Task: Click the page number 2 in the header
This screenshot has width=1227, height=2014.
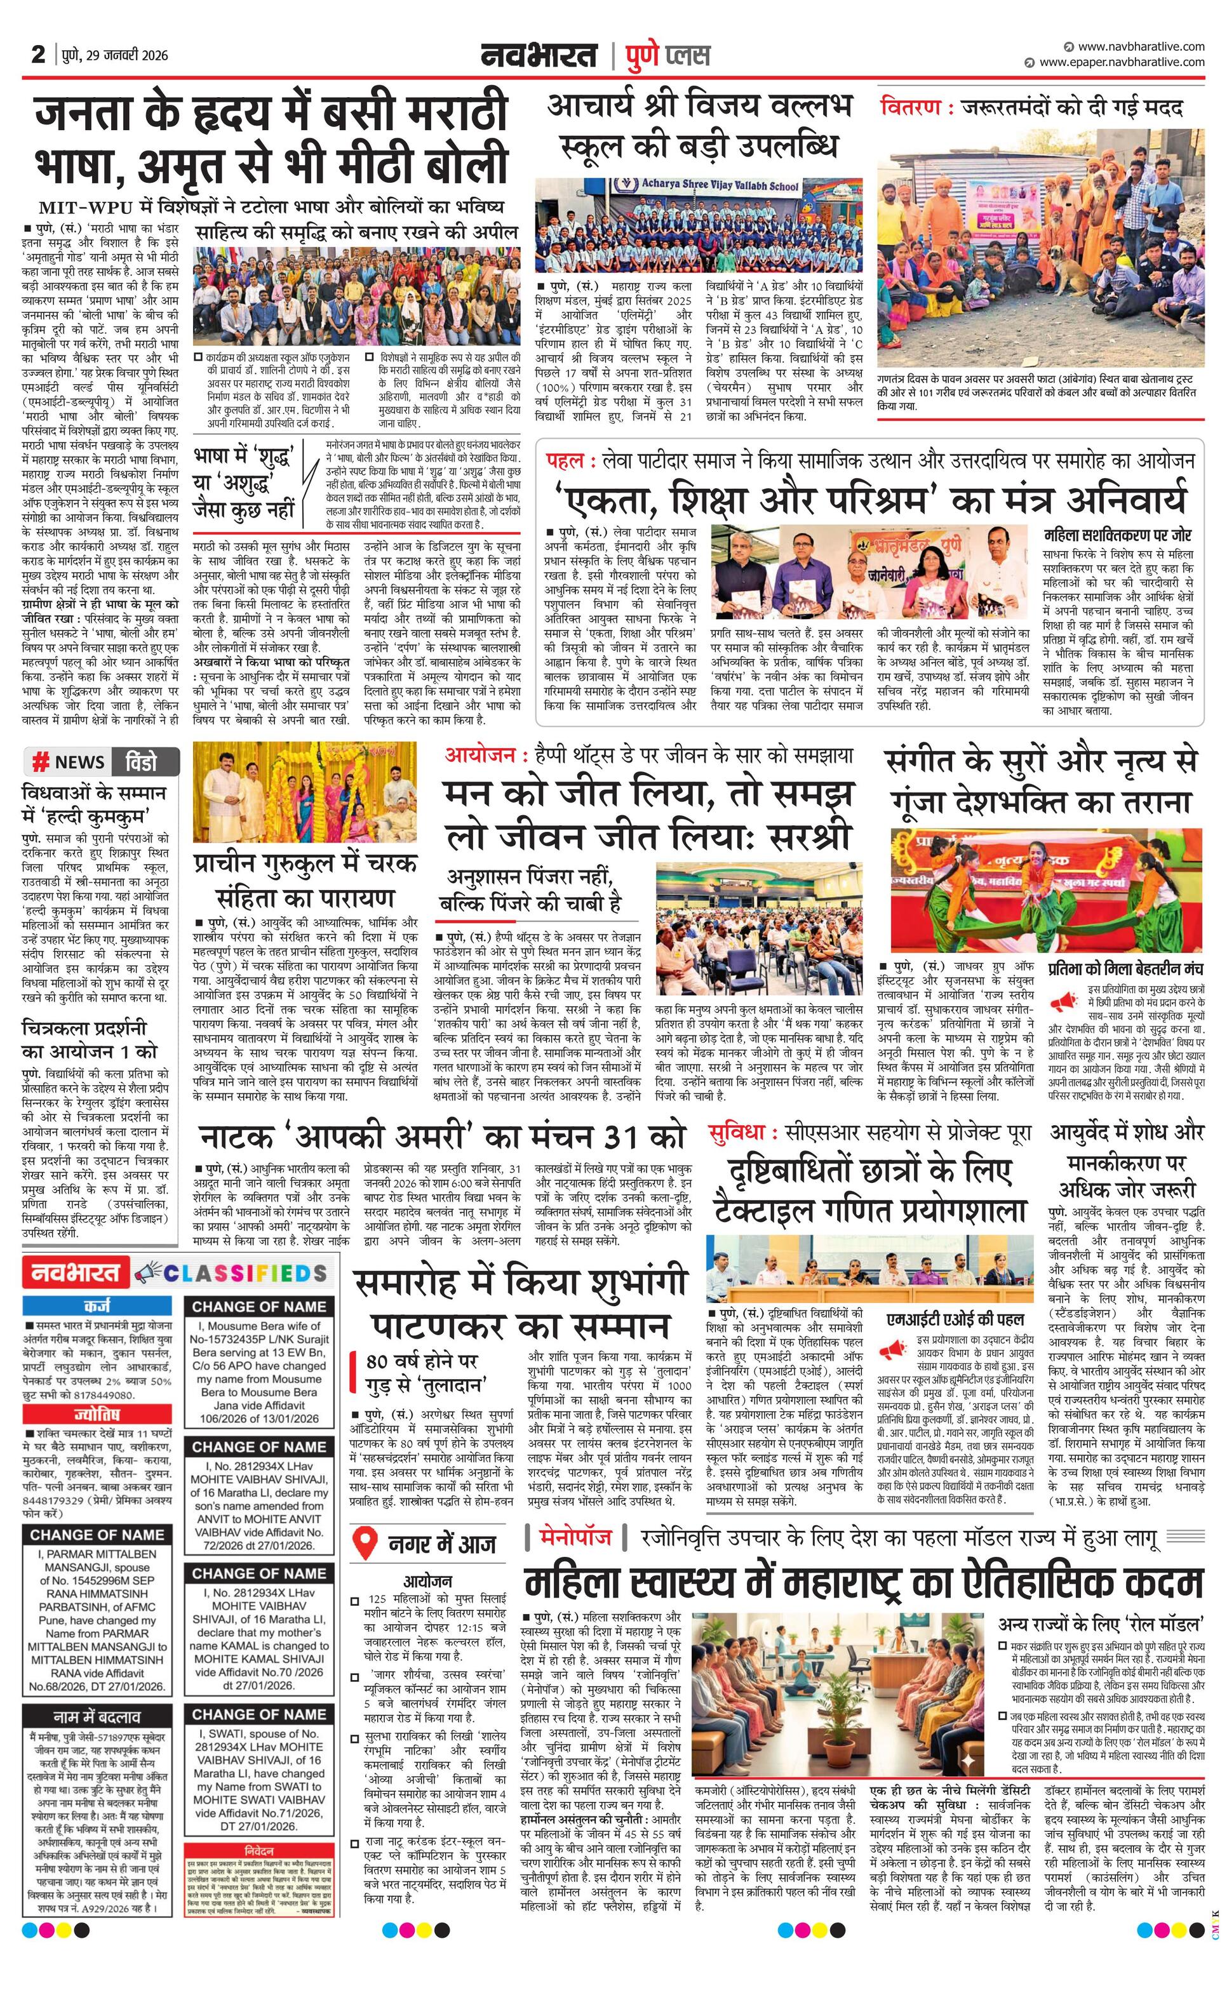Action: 37,54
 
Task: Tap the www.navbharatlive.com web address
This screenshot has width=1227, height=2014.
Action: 1141,46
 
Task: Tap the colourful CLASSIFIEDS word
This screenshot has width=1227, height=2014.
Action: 245,1272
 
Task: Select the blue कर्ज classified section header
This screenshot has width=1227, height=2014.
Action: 102,1306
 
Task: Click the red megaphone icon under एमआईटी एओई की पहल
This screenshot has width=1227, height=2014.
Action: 893,1347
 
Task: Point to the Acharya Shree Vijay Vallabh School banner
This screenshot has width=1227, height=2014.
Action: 720,185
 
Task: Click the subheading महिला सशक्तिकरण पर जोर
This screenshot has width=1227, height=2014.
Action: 1118,535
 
